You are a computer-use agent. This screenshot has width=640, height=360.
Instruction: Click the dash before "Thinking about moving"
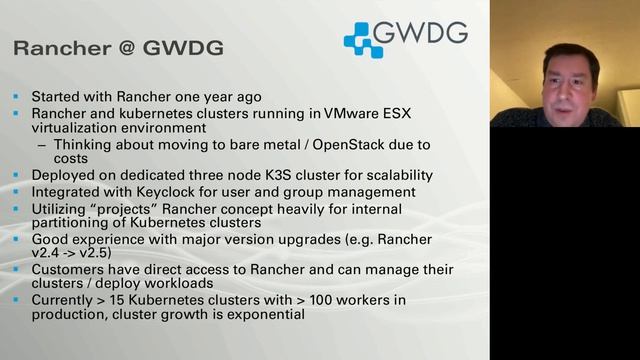click(x=41, y=144)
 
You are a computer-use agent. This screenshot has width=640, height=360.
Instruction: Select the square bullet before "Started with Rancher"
click(x=16, y=97)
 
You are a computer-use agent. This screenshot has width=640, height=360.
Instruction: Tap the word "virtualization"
click(x=77, y=129)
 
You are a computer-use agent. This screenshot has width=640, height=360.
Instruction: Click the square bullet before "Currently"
click(x=16, y=300)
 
